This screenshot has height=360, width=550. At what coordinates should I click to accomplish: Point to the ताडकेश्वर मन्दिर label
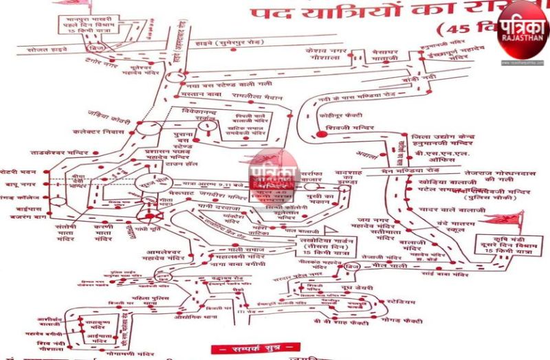tap(60, 153)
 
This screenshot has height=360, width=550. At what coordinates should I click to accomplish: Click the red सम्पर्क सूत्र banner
tap(255, 348)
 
